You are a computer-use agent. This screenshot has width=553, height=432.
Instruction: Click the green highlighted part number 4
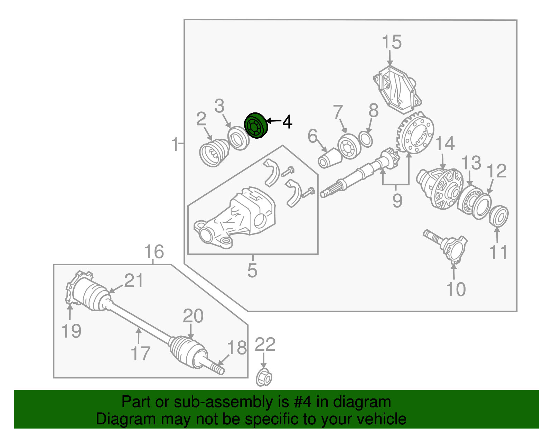256,126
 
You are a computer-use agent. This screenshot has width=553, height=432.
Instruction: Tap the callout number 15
392,43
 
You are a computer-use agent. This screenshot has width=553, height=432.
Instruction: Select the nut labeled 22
264,378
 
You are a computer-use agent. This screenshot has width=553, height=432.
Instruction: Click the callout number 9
397,200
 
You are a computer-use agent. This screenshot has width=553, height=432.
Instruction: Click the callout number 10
456,289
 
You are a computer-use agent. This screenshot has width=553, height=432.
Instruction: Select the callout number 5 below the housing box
252,270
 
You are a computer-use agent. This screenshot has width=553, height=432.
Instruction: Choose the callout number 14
444,144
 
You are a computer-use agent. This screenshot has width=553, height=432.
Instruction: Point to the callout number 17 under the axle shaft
140,353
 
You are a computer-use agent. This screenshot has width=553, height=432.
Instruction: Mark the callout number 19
71,331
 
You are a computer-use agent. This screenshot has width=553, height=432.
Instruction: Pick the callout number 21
133,281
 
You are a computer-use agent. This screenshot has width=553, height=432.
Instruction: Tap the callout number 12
496,171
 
